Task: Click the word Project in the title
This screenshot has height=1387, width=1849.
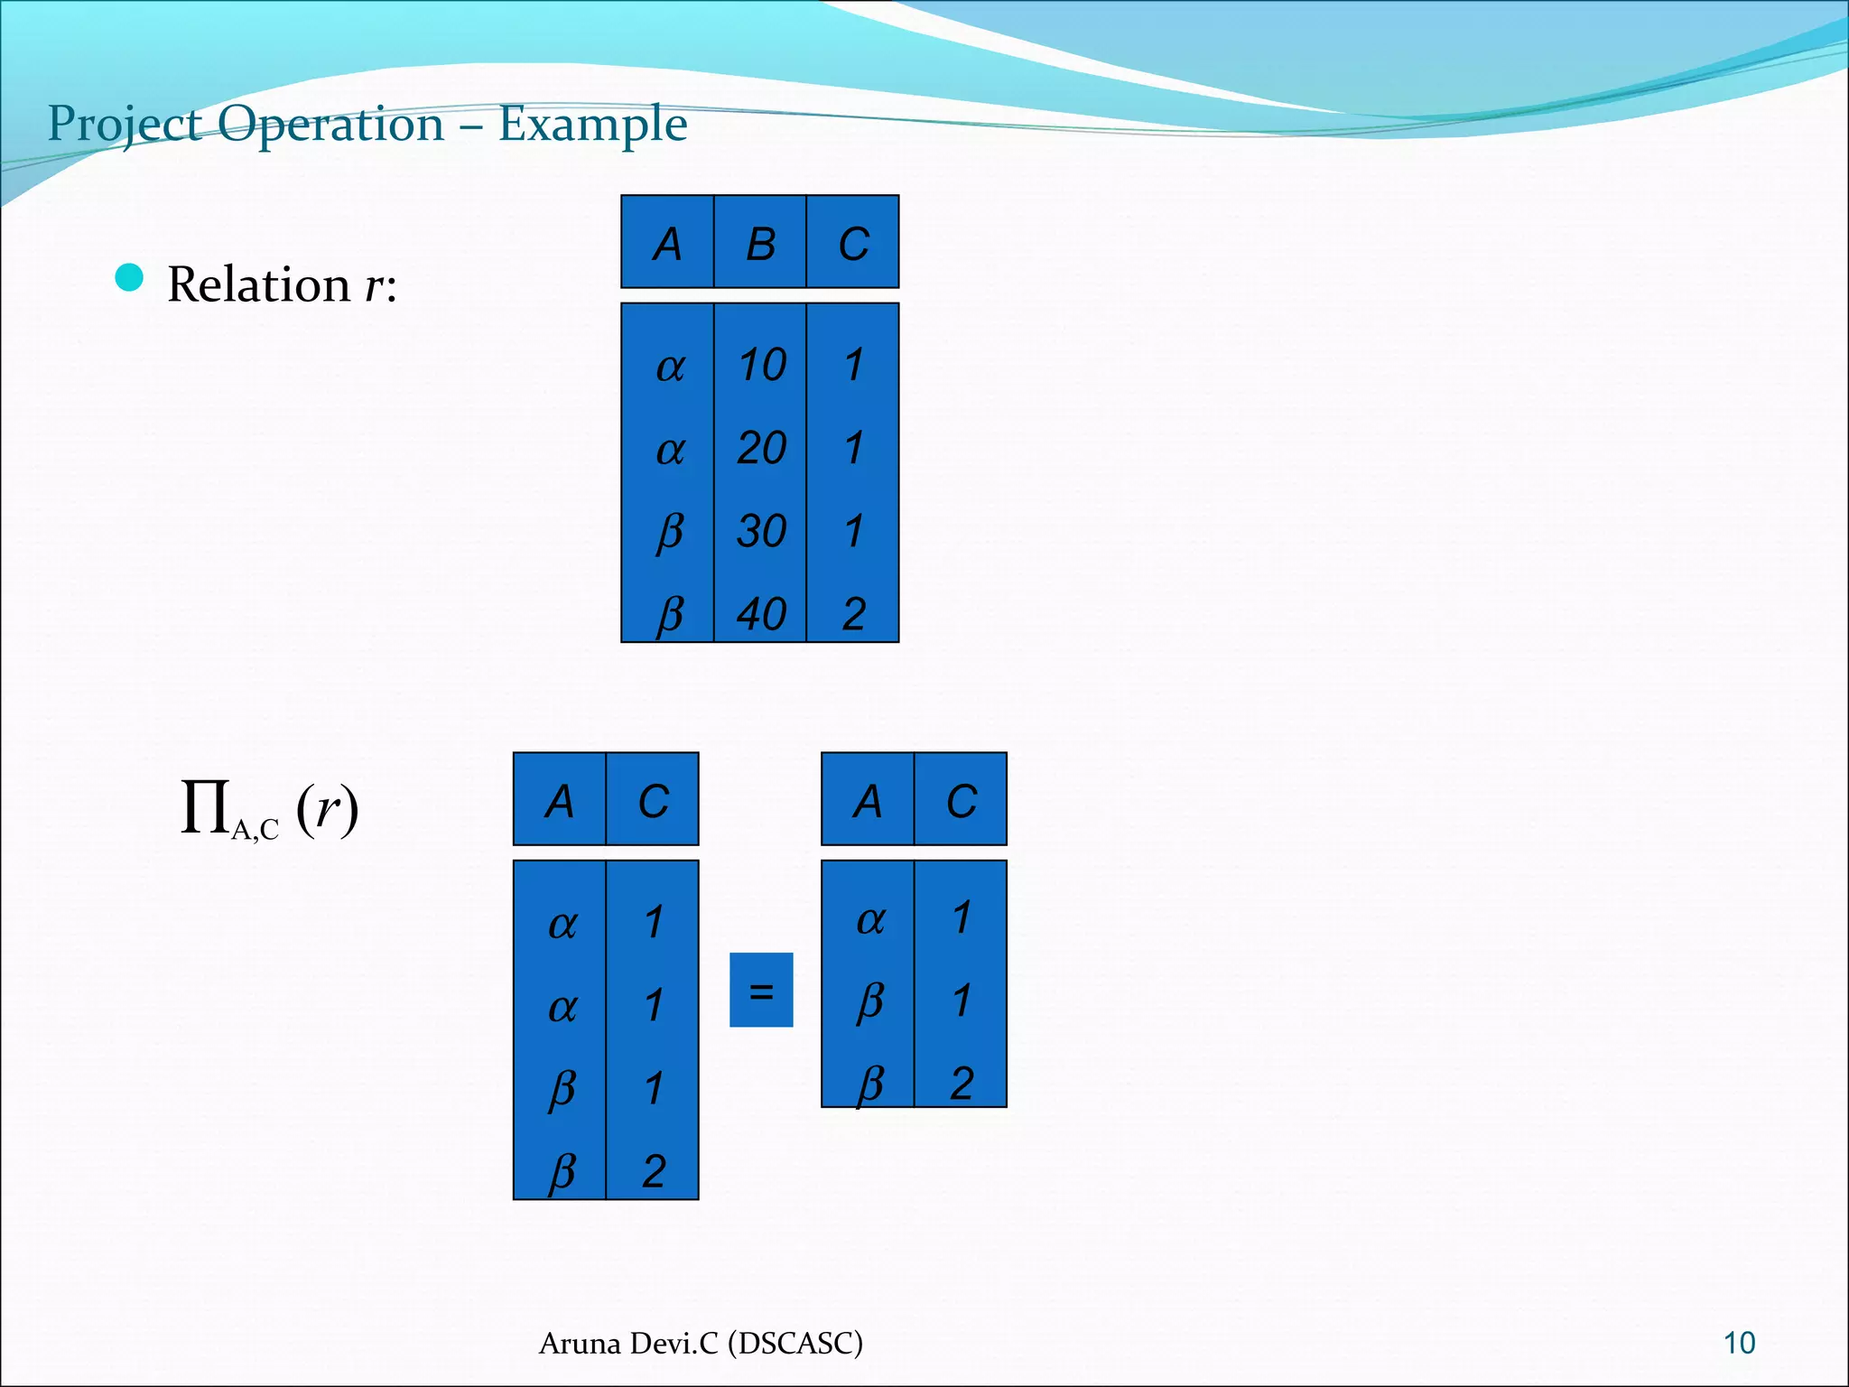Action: pyautogui.click(x=124, y=124)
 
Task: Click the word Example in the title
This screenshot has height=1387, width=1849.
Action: pyautogui.click(x=592, y=124)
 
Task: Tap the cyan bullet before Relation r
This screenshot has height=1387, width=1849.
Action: pyautogui.click(x=130, y=278)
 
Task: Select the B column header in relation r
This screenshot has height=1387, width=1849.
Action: pyautogui.click(x=760, y=244)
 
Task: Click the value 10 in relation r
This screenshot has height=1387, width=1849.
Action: pyautogui.click(x=761, y=365)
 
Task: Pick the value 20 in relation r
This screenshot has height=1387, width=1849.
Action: pyautogui.click(x=761, y=448)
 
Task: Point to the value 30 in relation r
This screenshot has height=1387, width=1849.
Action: pyautogui.click(x=761, y=531)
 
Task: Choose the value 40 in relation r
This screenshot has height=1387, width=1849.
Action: pyautogui.click(x=761, y=614)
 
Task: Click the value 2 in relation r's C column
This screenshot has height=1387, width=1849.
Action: pyautogui.click(x=854, y=614)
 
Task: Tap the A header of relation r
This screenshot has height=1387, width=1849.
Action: pyautogui.click(x=667, y=244)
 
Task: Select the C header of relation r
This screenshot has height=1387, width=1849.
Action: pyautogui.click(x=853, y=244)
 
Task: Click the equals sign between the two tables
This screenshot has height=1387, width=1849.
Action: pyautogui.click(x=761, y=991)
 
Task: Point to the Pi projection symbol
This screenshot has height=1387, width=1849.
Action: pyautogui.click(x=205, y=805)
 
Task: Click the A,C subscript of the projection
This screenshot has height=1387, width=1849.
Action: pyautogui.click(x=255, y=830)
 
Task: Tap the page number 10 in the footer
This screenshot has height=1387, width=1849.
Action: pyautogui.click(x=1739, y=1343)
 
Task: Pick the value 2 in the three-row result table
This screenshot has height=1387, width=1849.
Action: pyautogui.click(x=962, y=1083)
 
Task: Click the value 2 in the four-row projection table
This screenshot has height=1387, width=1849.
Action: pyautogui.click(x=654, y=1171)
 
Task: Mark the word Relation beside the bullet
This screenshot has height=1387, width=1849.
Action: pyautogui.click(x=259, y=284)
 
